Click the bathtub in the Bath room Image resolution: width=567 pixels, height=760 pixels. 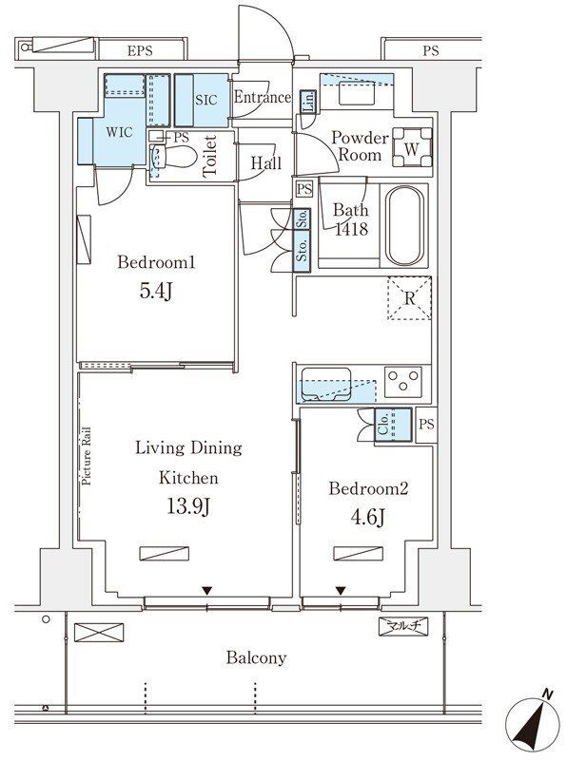405,225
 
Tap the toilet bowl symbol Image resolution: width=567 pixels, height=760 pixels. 174,156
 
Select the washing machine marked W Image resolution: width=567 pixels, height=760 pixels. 412,147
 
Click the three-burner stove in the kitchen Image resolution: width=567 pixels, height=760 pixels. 403,382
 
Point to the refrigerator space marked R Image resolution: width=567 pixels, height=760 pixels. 409,297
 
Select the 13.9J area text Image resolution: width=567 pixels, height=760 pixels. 188,507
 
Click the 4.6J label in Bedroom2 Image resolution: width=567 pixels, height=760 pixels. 368,518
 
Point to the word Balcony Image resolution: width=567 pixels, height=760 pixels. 256,657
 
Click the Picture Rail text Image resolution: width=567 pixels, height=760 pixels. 87,456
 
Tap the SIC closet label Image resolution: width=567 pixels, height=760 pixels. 206,100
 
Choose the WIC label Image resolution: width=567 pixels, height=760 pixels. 119,132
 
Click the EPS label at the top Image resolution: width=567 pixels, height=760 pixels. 140,50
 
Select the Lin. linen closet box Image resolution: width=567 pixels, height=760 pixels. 308,103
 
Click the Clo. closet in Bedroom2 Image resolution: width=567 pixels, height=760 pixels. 393,425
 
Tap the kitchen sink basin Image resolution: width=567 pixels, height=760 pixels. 326,385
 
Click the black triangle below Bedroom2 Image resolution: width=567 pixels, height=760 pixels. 341,590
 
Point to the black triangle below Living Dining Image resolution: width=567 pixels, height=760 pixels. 207,590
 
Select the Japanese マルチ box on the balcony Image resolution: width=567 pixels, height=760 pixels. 403,626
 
